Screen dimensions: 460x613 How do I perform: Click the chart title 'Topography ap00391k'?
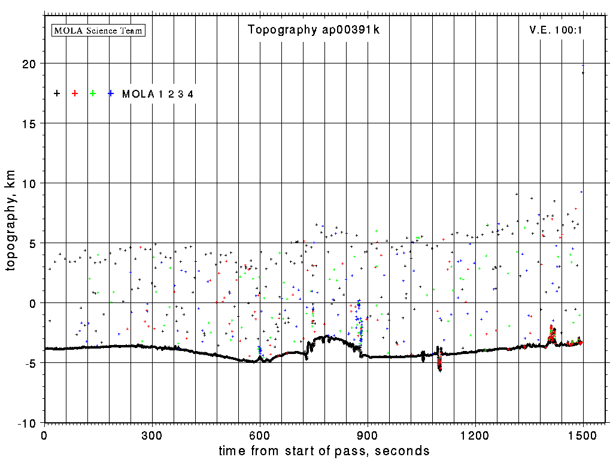[x=314, y=30]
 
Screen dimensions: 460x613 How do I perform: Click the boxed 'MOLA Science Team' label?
[x=99, y=30]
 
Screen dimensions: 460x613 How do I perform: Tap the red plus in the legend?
[x=75, y=93]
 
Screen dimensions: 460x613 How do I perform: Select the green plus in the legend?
[x=93, y=93]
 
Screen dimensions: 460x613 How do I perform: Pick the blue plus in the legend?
[x=111, y=93]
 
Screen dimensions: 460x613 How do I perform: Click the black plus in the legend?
[x=57, y=93]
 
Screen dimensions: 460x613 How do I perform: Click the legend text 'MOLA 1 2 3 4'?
[x=157, y=94]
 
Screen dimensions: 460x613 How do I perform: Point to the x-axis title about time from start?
[x=324, y=450]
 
